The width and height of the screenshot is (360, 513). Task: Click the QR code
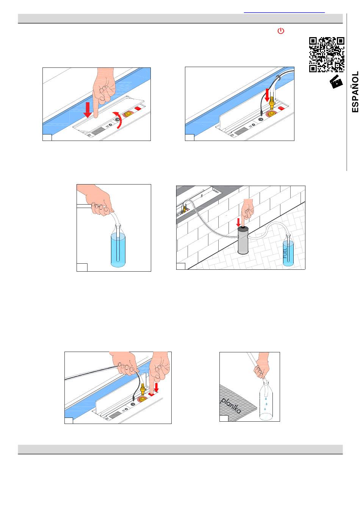click(x=327, y=55)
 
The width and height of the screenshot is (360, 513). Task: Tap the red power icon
click(x=281, y=31)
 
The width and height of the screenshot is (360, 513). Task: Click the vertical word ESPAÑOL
click(x=355, y=92)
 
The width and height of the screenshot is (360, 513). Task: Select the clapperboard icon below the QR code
click(x=336, y=81)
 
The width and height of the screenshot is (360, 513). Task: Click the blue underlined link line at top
click(x=284, y=13)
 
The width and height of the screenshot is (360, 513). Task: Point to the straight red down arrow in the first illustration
click(x=88, y=110)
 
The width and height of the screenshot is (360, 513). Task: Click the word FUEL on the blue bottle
click(x=285, y=253)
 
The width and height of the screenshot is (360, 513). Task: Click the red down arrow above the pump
click(x=238, y=222)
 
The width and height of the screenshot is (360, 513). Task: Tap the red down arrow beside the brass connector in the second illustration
click(x=267, y=95)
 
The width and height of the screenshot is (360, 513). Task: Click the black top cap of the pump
click(x=243, y=228)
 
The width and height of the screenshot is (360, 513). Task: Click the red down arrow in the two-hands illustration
click(x=157, y=387)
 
